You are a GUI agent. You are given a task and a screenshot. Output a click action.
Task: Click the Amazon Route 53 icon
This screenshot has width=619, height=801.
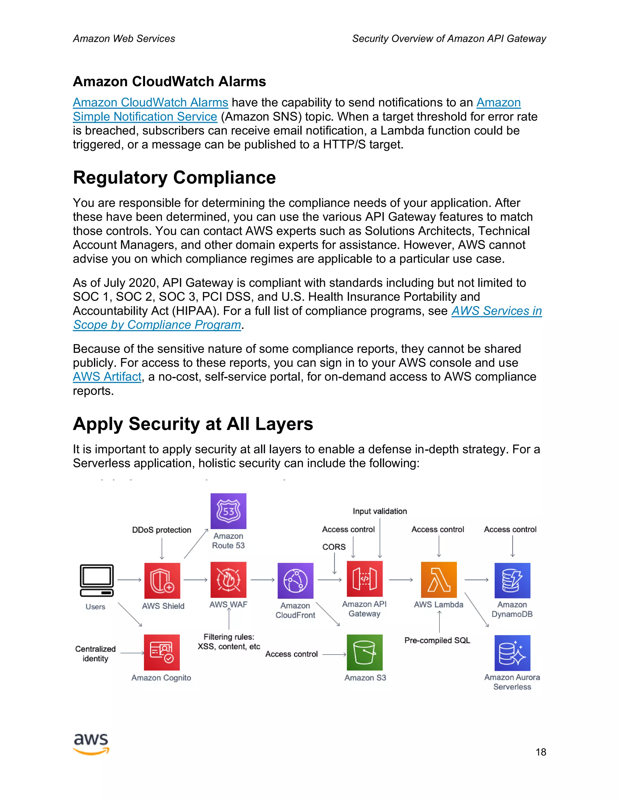coord(228,511)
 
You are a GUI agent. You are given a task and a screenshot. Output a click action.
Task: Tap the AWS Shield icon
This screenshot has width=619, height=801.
coord(162,581)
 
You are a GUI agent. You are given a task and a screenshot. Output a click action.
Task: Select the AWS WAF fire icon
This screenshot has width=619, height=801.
coord(228,580)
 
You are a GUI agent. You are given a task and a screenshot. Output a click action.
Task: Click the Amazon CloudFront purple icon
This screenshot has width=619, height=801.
coord(295,581)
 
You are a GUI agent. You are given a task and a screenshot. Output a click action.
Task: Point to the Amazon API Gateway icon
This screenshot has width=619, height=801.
coord(365,579)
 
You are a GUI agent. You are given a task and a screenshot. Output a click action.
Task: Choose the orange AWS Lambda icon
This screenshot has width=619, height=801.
coord(439,580)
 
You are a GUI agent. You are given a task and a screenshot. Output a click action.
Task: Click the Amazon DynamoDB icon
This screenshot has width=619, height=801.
coord(512,581)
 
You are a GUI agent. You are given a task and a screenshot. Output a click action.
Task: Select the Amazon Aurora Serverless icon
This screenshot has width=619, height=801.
coord(512,653)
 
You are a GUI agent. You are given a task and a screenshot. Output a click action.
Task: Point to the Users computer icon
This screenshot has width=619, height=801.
coord(96,581)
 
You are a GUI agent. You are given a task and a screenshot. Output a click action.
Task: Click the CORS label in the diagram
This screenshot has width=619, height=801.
coord(334,547)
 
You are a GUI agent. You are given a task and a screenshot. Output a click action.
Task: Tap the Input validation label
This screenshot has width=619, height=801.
coord(380,511)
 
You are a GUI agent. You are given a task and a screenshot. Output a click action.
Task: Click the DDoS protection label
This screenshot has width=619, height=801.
coord(161,530)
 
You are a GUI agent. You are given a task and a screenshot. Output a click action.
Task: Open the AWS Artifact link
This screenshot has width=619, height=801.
coord(107,377)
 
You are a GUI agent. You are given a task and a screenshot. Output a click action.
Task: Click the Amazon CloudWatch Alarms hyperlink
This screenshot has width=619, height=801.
coord(150,102)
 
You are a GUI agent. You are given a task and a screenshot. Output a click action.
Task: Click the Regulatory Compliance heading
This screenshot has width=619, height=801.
coord(174,177)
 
